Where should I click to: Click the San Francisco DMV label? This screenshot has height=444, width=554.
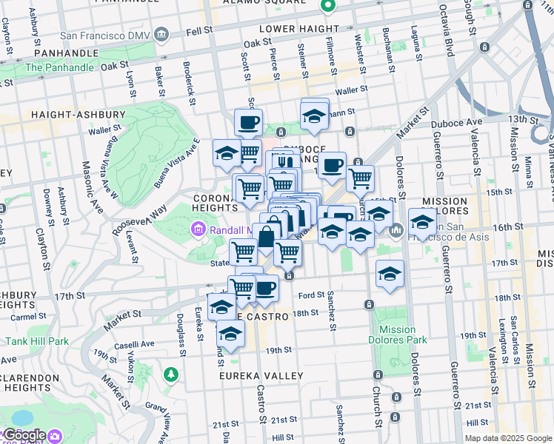104,35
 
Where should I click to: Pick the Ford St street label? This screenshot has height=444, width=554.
312,295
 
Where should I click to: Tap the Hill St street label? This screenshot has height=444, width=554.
283,437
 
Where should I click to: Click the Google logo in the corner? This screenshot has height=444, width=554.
25,435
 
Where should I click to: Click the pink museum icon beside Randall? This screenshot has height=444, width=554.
198,230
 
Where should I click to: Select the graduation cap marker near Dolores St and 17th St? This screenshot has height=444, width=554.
390,274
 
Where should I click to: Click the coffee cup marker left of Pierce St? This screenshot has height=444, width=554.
248,121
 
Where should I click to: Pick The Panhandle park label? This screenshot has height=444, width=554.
59,67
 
